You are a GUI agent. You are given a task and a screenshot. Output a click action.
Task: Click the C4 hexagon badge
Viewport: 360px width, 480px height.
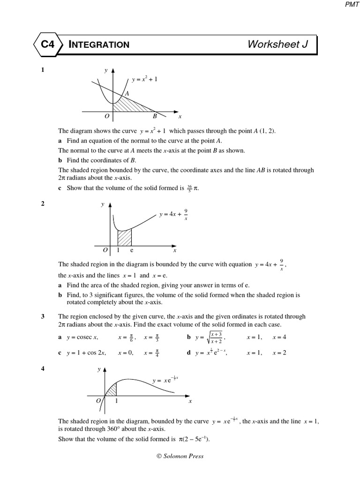click(46, 45)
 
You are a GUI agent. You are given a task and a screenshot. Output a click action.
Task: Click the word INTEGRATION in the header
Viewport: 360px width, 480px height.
click(99, 45)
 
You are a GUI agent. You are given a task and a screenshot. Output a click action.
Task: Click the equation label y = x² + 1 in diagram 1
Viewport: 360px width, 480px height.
click(144, 80)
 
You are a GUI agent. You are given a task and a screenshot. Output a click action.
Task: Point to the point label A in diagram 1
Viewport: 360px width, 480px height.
click(127, 94)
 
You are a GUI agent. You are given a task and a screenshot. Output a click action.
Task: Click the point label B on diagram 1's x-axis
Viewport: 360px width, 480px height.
click(155, 116)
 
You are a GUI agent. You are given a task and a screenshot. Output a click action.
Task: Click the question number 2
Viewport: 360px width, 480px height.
click(43, 203)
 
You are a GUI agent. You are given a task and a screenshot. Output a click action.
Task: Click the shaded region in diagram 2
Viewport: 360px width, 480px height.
click(124, 238)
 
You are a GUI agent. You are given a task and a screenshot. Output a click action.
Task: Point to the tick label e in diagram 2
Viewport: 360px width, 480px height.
click(132, 251)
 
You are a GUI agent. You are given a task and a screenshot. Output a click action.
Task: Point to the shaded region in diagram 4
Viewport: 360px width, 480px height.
click(112, 390)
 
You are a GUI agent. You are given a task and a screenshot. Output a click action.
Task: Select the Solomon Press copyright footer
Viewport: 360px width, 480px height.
click(180, 456)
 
